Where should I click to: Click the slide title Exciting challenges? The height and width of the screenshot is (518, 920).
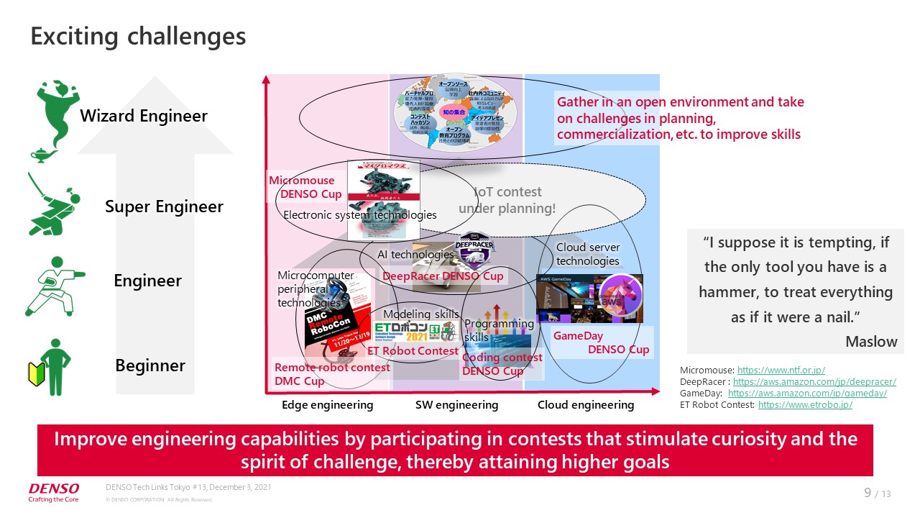(138, 37)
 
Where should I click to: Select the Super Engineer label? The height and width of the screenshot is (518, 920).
(164, 207)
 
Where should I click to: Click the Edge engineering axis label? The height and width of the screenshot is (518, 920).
(327, 405)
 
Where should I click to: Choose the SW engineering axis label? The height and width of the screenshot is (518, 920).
(456, 405)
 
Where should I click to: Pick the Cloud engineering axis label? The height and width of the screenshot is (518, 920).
(586, 405)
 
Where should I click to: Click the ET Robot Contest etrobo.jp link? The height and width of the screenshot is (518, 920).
(805, 405)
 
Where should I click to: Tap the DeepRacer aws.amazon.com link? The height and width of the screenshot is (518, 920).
(814, 381)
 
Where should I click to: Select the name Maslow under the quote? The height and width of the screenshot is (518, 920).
(871, 341)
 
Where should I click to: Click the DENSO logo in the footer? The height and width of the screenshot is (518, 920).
(54, 489)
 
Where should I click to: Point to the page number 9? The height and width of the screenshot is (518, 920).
(868, 493)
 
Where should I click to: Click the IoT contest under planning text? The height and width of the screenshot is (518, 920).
(507, 200)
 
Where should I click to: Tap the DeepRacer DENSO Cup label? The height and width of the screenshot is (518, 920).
(443, 276)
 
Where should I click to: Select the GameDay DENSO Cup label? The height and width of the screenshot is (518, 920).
(601, 343)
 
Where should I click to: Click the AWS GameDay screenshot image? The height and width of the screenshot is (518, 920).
(589, 298)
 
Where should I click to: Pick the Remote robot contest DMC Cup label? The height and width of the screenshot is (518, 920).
(332, 374)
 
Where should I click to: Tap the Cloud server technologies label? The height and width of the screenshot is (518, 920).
(587, 255)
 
